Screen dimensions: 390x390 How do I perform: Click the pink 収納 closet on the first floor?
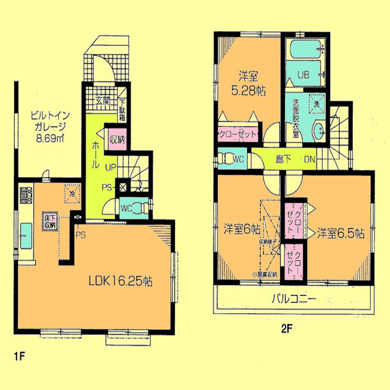click(117, 139)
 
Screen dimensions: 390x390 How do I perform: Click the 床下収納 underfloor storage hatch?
click(49, 221)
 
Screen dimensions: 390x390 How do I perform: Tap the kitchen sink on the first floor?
click(26, 234)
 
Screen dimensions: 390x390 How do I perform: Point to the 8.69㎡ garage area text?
click(51, 140)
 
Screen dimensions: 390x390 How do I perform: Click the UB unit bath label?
click(303, 75)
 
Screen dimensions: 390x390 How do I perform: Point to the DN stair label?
click(309, 159)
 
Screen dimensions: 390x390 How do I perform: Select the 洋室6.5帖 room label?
click(340, 233)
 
